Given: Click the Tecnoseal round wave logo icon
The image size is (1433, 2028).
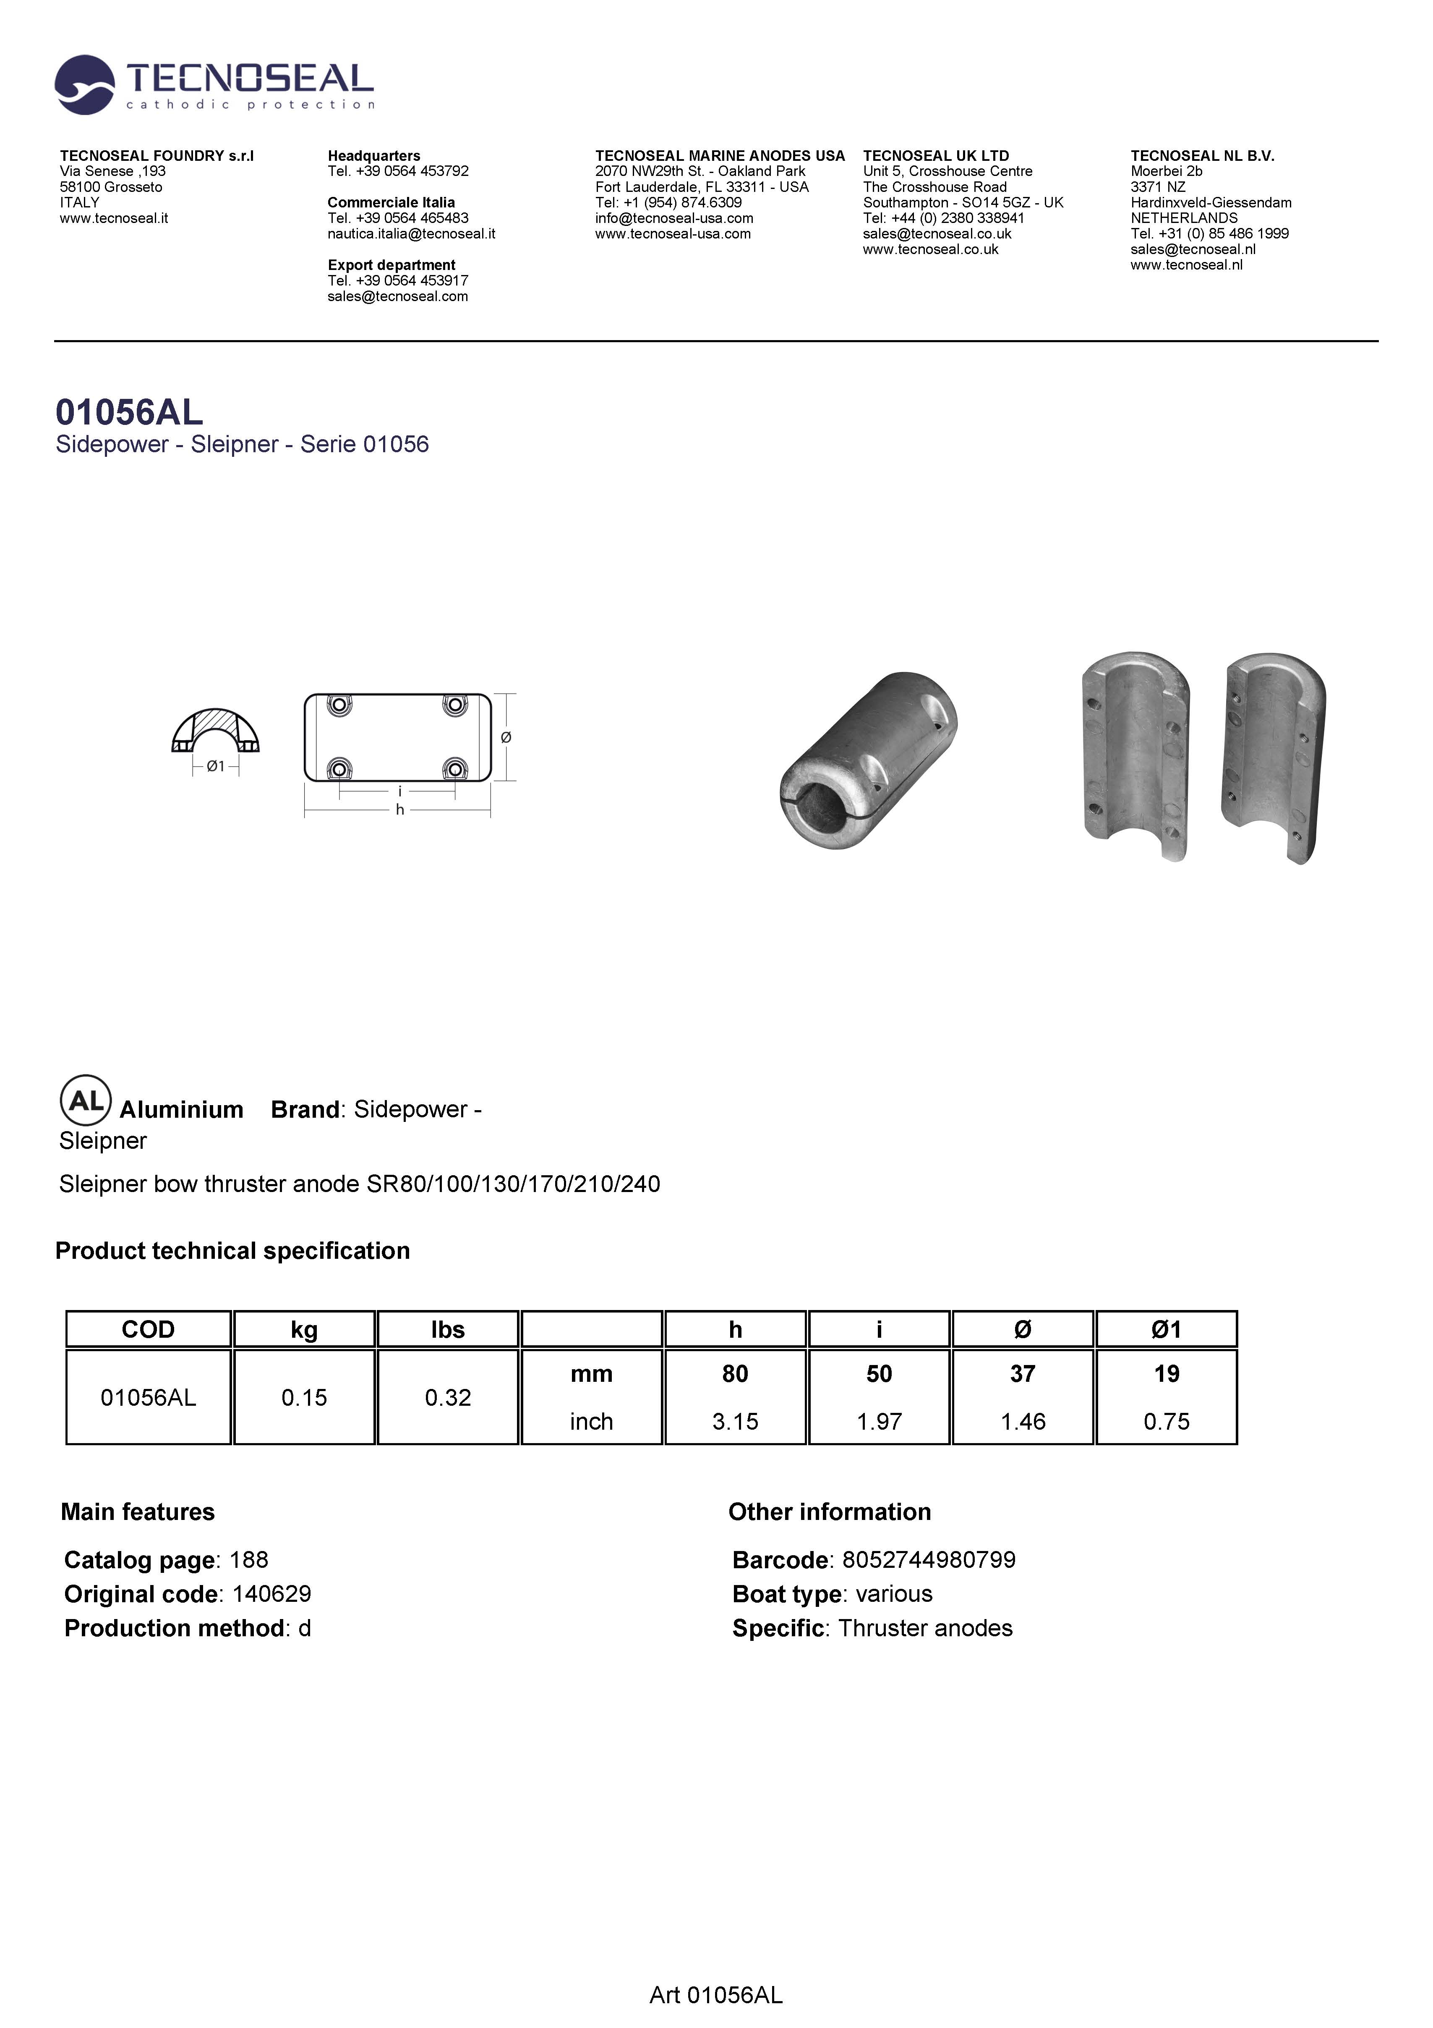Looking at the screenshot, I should [84, 85].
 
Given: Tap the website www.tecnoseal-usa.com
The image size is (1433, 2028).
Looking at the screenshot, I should [673, 234].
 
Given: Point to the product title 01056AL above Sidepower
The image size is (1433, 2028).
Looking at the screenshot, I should [129, 412].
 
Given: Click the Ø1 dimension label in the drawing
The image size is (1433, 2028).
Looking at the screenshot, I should [215, 767].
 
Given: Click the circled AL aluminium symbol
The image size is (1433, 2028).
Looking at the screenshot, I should [85, 1100].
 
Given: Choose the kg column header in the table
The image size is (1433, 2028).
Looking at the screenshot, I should [304, 1329].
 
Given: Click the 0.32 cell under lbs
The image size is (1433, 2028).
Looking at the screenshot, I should [448, 1397].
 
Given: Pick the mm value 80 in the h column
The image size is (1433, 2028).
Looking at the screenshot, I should [735, 1373].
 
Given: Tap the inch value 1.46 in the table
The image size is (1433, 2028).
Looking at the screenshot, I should [1023, 1421].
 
